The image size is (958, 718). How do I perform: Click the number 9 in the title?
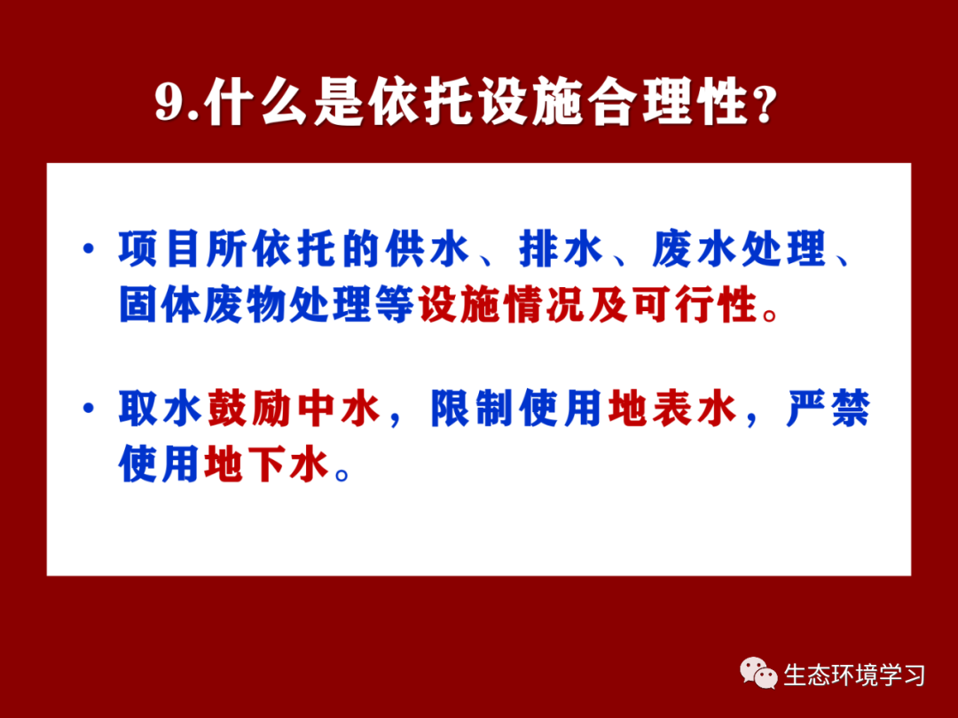tap(170, 102)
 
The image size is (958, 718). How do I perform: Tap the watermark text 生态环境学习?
tap(853, 675)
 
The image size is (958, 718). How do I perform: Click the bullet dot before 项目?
tap(90, 248)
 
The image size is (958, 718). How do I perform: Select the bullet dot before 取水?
tap(90, 407)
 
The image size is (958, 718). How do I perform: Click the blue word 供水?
tap(427, 249)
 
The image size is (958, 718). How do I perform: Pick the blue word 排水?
tap(561, 249)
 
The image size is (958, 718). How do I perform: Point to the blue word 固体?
tap(160, 303)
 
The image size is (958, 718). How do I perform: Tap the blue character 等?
tap(396, 303)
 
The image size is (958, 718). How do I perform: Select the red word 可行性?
tap(695, 303)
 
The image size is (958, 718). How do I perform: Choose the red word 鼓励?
tap(248, 408)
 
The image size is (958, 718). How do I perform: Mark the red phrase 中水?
tap(338, 408)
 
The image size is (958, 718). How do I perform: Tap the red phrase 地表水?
tap(671, 408)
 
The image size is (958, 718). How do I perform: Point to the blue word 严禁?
tap(828, 408)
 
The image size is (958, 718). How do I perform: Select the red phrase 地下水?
tap(266, 464)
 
